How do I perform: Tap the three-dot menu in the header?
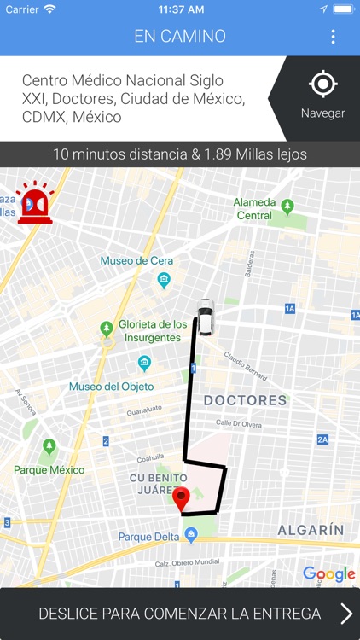pyautogui.click(x=333, y=37)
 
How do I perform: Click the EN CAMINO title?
pyautogui.click(x=179, y=37)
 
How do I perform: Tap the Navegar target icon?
pyautogui.click(x=322, y=84)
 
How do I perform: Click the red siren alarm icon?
pyautogui.click(x=35, y=204)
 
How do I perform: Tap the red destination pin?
pyautogui.click(x=180, y=500)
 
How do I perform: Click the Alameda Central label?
pyautogui.click(x=254, y=209)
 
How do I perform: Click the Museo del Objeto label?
pyautogui.click(x=111, y=387)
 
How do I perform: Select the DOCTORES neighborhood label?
pyautogui.click(x=245, y=400)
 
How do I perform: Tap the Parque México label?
pyautogui.click(x=49, y=469)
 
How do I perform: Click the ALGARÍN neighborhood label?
pyautogui.click(x=311, y=530)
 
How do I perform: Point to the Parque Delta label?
pyautogui.click(x=148, y=537)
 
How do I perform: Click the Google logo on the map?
pyautogui.click(x=328, y=574)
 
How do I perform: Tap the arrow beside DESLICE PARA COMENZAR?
pyautogui.click(x=345, y=614)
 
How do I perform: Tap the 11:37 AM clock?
pyautogui.click(x=180, y=9)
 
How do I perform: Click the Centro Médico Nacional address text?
pyautogui.click(x=133, y=99)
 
